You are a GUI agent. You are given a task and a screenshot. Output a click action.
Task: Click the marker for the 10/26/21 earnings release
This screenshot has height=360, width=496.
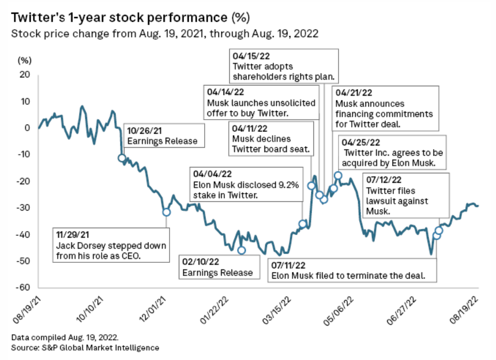click(x=122, y=158)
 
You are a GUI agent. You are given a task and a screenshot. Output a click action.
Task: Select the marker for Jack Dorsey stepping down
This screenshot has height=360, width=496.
click(x=166, y=212)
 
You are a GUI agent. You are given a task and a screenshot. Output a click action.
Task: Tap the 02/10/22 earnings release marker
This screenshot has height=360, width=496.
click(x=241, y=250)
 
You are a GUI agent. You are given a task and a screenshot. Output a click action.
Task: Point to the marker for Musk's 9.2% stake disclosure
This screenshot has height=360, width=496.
click(x=302, y=223)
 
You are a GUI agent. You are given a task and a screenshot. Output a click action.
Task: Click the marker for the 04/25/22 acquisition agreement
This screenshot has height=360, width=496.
click(x=338, y=176)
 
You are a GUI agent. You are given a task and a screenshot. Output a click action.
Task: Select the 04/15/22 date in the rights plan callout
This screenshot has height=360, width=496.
click(x=248, y=56)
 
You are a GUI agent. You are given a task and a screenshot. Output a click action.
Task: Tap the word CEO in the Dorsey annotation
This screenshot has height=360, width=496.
click(x=138, y=256)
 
